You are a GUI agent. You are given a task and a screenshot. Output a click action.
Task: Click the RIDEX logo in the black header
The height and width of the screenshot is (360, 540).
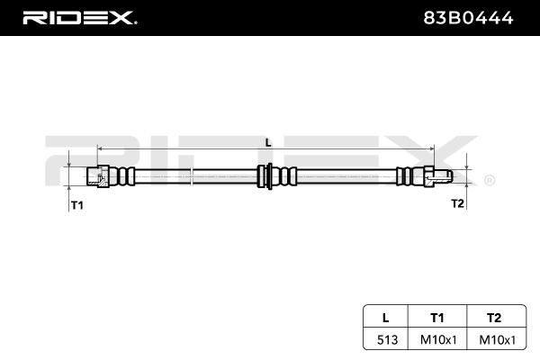tap(79, 18)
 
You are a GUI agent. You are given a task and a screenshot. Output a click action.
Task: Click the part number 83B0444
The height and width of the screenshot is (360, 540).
tap(468, 18)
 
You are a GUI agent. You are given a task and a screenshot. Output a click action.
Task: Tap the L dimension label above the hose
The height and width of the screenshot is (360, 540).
tap(268, 142)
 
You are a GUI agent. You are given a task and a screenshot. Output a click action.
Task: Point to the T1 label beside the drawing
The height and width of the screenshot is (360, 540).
tap(77, 205)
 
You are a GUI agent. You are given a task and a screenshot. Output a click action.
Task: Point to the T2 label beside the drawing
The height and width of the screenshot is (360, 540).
tap(458, 203)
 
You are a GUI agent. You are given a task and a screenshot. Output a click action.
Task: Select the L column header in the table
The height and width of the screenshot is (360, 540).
tap(386, 318)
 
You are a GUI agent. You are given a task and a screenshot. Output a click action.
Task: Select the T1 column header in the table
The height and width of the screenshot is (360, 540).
tap(437, 318)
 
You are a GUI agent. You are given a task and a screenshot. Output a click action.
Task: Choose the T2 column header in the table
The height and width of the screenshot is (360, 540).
tap(494, 318)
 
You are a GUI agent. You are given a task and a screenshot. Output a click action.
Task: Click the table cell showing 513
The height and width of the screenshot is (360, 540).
tap(387, 339)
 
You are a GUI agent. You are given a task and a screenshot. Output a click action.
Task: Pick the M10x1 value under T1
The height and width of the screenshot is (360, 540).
tap(438, 339)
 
